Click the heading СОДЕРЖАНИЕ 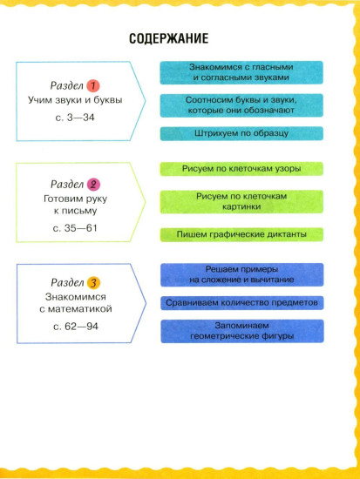[x=168, y=39]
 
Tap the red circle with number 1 [x=93, y=86]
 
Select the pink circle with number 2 [x=93, y=185]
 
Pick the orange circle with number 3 [x=93, y=283]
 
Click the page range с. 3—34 [x=75, y=118]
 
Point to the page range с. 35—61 [x=75, y=228]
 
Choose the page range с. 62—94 [x=76, y=327]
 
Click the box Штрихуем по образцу [x=241, y=133]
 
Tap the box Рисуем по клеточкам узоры [x=241, y=169]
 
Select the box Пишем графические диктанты [x=241, y=234]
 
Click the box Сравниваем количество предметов [x=242, y=303]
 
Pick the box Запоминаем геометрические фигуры [x=242, y=331]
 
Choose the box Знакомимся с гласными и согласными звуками [x=241, y=72]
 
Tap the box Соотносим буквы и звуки [x=241, y=105]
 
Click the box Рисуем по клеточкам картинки [x=241, y=202]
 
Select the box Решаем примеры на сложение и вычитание [x=242, y=275]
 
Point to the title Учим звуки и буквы [x=75, y=100]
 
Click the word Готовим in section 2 [x=61, y=199]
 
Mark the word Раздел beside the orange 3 [x=67, y=282]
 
